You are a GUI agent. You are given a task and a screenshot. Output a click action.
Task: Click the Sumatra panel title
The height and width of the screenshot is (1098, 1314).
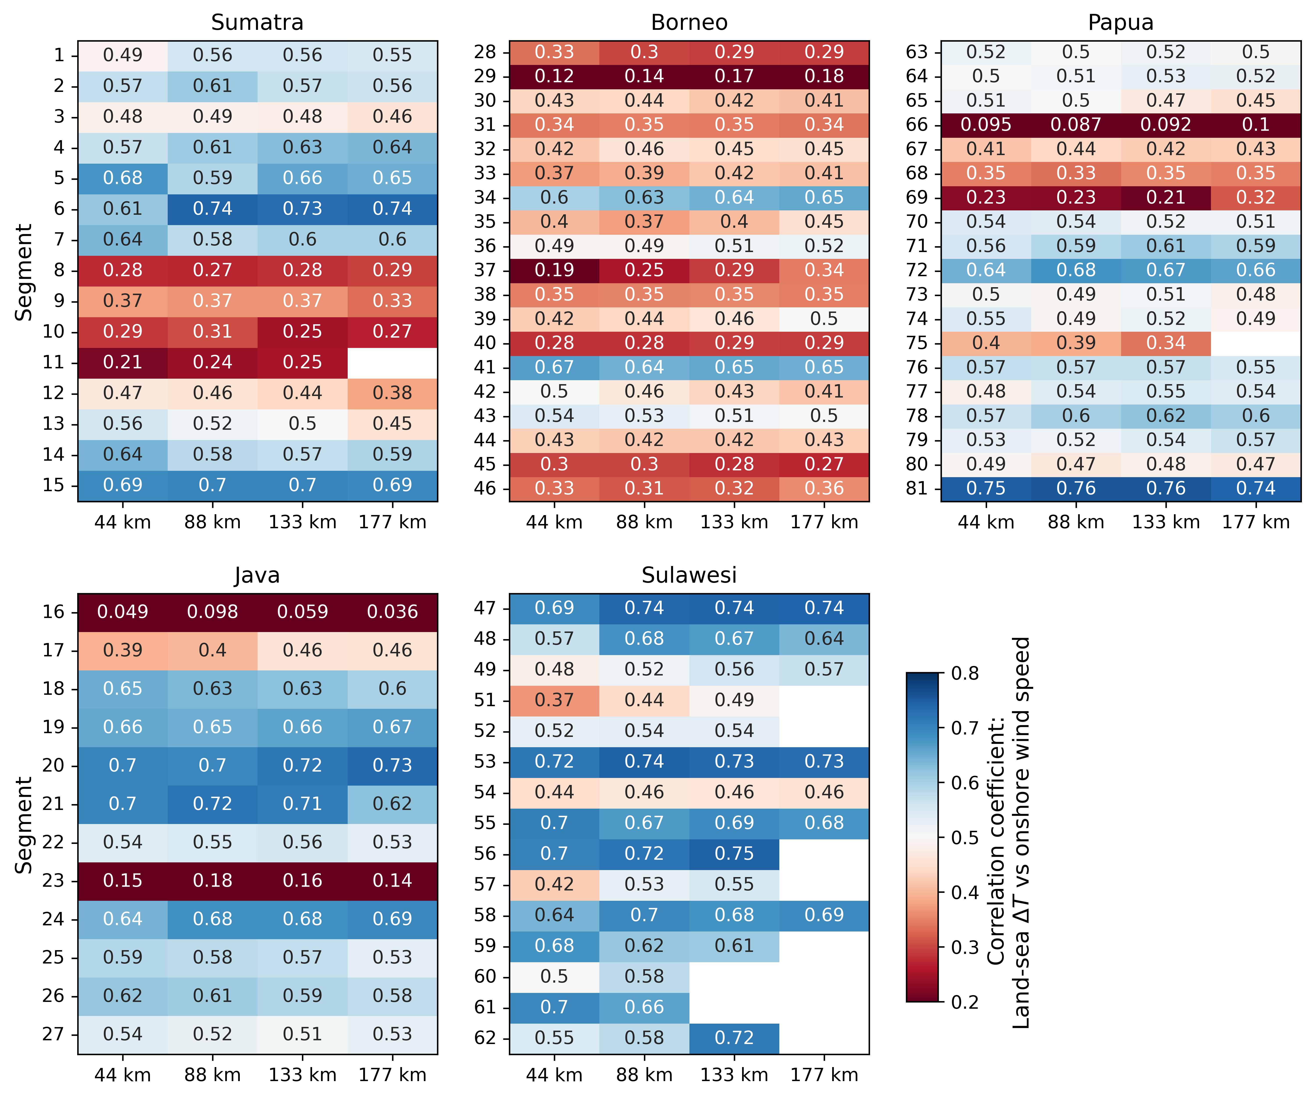[257, 23]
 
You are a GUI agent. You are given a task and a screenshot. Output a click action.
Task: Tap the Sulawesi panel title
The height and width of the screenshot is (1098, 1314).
[689, 575]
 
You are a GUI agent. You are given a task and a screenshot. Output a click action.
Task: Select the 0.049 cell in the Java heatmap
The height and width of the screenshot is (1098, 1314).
[123, 612]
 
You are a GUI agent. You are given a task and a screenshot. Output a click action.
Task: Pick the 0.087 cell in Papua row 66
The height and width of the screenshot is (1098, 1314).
[1076, 125]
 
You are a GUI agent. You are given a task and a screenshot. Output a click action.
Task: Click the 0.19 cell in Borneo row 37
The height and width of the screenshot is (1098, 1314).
[554, 270]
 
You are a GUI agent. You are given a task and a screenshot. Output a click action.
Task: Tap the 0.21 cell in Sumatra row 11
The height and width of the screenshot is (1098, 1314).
[123, 362]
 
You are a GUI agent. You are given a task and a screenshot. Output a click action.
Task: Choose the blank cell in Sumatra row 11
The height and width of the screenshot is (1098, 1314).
[392, 362]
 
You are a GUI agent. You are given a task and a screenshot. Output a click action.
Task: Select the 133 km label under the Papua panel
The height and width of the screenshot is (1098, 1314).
[1166, 522]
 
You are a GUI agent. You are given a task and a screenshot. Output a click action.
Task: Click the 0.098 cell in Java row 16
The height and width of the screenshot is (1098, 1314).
[213, 612]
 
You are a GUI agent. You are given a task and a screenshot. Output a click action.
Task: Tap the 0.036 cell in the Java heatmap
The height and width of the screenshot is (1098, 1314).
[392, 612]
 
